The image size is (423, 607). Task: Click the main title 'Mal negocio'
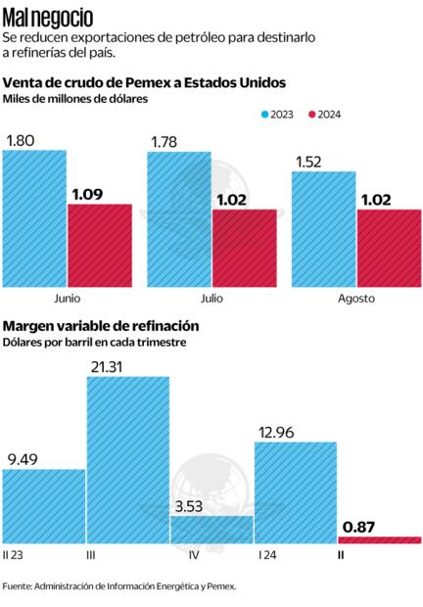click(49, 17)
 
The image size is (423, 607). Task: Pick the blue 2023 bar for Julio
click(179, 219)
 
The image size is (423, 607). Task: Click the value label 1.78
click(165, 142)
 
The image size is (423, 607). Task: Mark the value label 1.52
click(310, 160)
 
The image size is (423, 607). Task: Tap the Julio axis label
click(211, 299)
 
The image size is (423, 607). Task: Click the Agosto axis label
click(355, 299)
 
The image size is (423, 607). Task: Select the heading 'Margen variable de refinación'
click(102, 325)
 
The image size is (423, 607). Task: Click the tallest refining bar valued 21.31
click(127, 460)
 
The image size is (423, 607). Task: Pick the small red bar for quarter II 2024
click(380, 539)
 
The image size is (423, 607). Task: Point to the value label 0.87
click(358, 526)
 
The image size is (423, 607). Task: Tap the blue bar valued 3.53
click(211, 529)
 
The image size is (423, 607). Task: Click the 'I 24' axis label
click(267, 554)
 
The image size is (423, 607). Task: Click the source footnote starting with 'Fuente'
click(119, 586)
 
